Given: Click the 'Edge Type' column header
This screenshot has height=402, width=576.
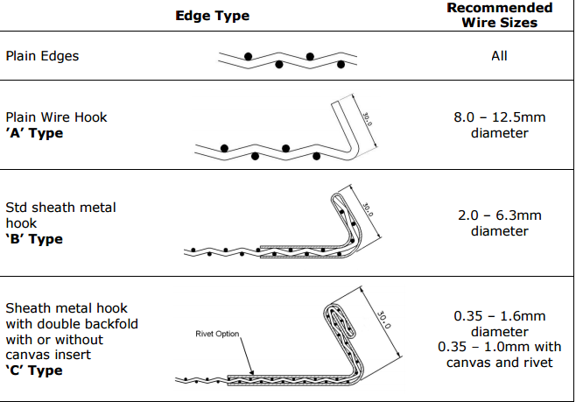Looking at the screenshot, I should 212,16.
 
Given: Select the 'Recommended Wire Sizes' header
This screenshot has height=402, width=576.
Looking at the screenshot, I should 499,15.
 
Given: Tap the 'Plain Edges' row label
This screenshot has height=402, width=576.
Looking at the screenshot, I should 42,56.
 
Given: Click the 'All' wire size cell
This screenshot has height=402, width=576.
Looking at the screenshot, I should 499,56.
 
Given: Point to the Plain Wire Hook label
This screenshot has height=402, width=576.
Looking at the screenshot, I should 57,116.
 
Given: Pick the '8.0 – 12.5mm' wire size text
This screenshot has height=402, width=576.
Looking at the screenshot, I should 499,116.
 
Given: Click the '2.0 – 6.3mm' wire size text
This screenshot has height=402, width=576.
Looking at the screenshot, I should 499,215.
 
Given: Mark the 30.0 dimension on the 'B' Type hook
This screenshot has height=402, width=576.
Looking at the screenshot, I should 367,210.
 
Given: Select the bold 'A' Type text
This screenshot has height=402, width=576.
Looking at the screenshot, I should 34,133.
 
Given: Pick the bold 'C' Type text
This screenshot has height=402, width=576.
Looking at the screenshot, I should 34,370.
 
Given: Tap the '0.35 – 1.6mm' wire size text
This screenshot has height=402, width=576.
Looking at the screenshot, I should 499,316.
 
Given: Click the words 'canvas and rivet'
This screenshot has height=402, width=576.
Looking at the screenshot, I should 499,363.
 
